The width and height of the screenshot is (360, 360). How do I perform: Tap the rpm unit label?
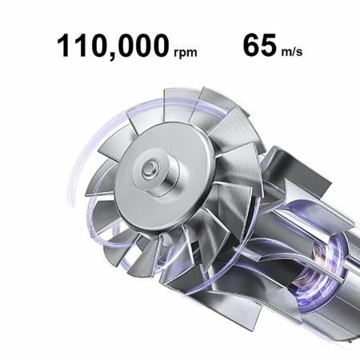coord(184,54)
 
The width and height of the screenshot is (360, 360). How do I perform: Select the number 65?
coord(259,44)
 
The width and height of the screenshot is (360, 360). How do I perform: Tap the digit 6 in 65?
coord(249,44)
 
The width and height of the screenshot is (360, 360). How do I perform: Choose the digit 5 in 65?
coord(269,44)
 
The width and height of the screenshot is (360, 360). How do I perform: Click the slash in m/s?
coord(294,53)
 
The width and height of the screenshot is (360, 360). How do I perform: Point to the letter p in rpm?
coord(183,54)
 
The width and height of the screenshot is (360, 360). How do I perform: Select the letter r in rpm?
coord(176,54)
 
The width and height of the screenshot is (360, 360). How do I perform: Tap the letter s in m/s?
coord(300,54)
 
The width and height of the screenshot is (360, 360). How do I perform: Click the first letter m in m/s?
coord(287,54)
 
